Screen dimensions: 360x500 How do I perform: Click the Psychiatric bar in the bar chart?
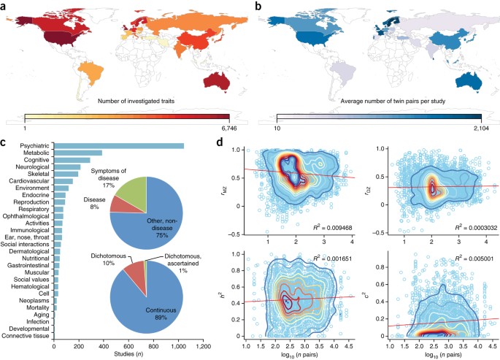tap(117, 145)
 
